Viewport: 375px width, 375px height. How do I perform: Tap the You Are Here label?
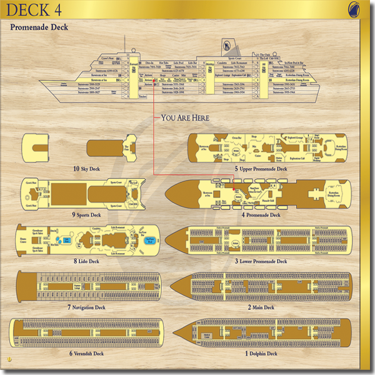pos(185,117)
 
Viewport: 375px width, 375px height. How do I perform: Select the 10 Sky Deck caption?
pos(86,169)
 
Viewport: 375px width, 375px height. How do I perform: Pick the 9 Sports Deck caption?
pos(86,215)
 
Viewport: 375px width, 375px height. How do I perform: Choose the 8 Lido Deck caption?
pos(86,261)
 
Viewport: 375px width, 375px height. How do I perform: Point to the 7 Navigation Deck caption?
pos(86,307)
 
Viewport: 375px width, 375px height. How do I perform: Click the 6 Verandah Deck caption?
pos(86,354)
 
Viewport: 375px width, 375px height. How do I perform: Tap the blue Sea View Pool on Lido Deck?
pos(151,239)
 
